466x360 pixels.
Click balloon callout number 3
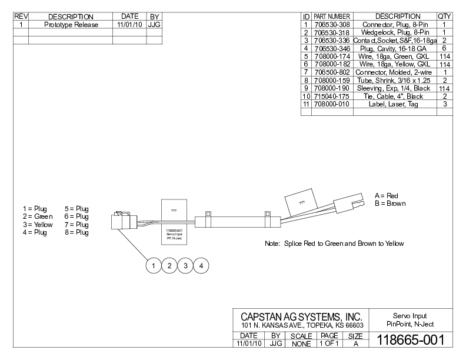(x=185, y=266)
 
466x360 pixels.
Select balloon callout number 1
(x=153, y=266)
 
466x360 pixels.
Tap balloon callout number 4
(x=201, y=266)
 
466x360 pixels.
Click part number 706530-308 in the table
(x=331, y=24)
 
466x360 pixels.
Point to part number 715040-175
(x=331, y=96)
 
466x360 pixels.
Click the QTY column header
(x=444, y=16)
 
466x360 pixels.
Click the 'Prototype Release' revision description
(x=71, y=25)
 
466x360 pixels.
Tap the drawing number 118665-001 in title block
(x=410, y=339)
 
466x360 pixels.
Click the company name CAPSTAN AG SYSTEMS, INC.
(x=301, y=318)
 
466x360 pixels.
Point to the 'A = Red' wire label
(x=387, y=195)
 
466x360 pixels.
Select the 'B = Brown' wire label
(x=390, y=204)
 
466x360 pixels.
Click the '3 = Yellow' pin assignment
(x=38, y=225)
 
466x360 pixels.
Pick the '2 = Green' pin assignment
(x=37, y=216)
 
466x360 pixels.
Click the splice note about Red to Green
(x=334, y=243)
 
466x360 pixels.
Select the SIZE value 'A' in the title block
(x=356, y=343)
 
